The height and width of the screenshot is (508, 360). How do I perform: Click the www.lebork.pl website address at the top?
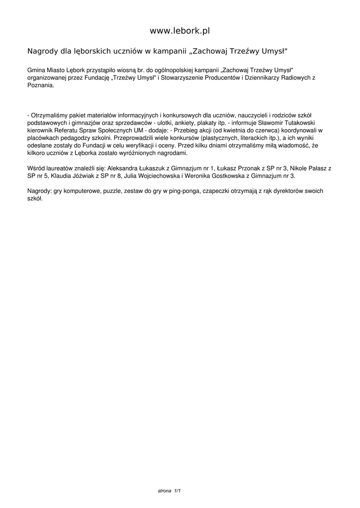tap(180, 31)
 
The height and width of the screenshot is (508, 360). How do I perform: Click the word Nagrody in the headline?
tap(42, 51)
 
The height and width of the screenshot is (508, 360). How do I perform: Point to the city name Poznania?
tap(40, 85)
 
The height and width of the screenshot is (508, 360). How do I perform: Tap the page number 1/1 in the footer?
tap(177, 491)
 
